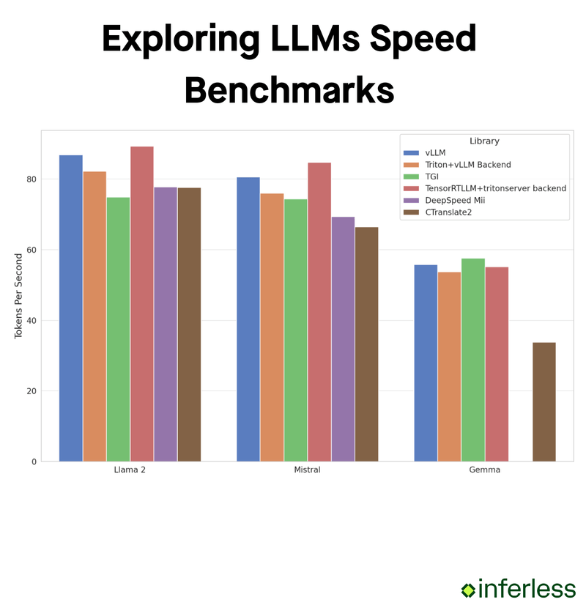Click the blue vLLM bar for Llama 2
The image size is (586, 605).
point(71,308)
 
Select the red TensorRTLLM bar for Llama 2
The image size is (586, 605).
point(142,304)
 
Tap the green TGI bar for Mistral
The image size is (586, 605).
point(296,330)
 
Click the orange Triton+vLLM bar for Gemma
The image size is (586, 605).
point(450,366)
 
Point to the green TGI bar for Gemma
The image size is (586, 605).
point(473,359)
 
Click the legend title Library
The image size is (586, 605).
point(484,141)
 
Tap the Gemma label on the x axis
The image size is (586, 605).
point(485,470)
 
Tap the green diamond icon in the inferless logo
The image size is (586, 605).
point(468,589)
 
